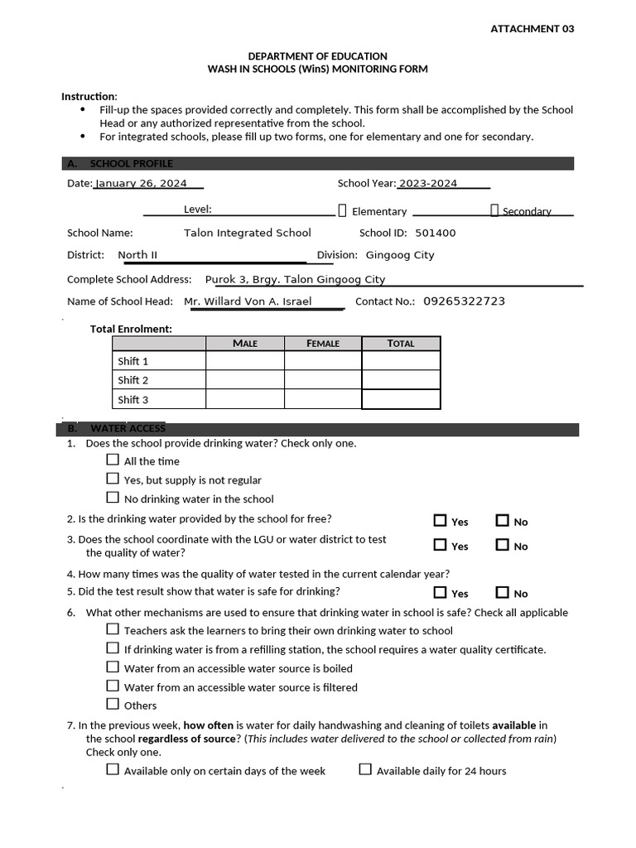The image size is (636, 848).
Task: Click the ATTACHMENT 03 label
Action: tap(532, 28)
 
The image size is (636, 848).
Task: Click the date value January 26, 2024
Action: tap(141, 183)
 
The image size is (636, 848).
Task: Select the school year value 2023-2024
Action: tap(427, 183)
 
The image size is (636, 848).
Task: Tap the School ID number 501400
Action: tap(435, 233)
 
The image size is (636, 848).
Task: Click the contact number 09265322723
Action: tap(464, 301)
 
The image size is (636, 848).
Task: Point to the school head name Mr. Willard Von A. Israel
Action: tap(248, 301)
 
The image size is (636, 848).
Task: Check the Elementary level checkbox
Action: tap(343, 210)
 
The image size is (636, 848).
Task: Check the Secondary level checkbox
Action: tap(494, 210)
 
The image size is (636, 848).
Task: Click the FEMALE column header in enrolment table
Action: tap(323, 344)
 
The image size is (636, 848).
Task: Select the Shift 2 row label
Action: tap(133, 380)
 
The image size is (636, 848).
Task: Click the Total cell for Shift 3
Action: tap(401, 399)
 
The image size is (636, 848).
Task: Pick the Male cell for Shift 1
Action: tap(244, 361)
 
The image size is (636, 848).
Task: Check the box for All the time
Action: tap(113, 460)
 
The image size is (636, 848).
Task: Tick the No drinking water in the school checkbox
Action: tap(113, 498)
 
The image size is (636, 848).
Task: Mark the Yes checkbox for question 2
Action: tap(440, 521)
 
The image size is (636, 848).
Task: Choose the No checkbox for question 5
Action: tap(503, 592)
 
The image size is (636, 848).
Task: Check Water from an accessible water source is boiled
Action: tap(113, 667)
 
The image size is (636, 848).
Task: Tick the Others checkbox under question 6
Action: tap(113, 704)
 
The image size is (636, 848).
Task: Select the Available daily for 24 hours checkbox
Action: tap(365, 769)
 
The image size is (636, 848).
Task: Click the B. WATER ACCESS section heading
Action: tap(128, 429)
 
